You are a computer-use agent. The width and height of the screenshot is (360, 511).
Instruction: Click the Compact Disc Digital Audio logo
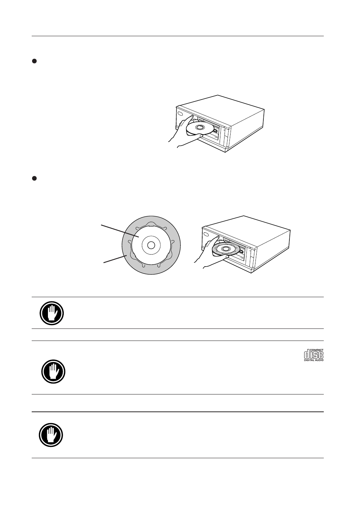point(314,355)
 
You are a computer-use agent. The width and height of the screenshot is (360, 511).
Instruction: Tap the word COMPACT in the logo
point(317,350)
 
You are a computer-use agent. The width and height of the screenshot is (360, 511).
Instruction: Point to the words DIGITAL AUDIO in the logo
point(314,360)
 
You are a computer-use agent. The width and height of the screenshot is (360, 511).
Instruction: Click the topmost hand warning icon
point(52,313)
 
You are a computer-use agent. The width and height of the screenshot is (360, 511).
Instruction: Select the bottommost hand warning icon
point(51,435)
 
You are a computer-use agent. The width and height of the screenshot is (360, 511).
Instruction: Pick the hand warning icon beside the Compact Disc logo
point(53,371)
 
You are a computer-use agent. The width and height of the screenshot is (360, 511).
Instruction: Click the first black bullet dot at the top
point(34,61)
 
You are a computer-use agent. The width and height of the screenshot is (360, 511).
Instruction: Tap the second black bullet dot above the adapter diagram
point(34,178)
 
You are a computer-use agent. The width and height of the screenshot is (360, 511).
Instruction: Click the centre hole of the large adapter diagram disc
point(151,245)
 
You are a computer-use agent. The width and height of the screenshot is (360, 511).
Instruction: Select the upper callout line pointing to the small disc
point(120,231)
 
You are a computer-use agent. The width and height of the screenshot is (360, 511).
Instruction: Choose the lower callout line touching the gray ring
point(115,259)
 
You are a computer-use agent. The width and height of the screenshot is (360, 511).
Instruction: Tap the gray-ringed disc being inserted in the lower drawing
point(226,249)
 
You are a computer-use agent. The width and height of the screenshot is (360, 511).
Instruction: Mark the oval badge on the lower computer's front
point(206,234)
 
